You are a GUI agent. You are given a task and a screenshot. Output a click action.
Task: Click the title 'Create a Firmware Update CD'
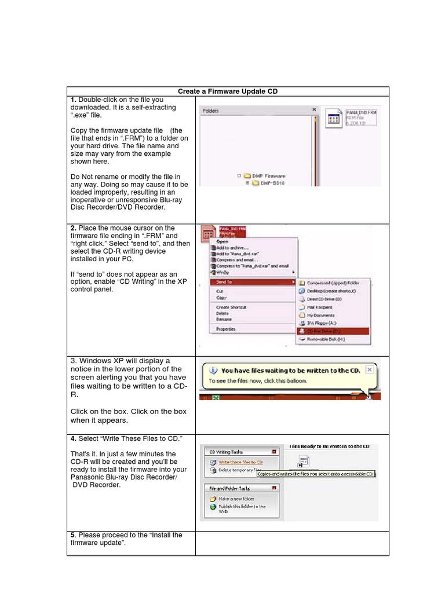click(x=228, y=91)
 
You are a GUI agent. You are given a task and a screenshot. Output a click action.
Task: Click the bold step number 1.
click(x=73, y=100)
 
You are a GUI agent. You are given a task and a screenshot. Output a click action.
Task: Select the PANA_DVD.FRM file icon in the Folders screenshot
click(x=334, y=119)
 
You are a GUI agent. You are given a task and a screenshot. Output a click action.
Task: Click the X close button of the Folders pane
click(x=314, y=109)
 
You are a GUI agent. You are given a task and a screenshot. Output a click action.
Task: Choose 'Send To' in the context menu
click(x=226, y=281)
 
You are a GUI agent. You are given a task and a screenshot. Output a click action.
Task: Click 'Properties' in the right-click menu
click(x=226, y=328)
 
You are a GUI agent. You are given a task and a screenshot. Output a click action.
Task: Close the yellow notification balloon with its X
click(x=370, y=369)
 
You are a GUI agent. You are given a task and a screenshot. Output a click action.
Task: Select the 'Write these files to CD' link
click(x=240, y=462)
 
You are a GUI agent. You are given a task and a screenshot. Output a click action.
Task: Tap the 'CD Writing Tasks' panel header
click(x=227, y=452)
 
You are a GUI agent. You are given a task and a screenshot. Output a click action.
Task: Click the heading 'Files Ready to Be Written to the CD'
click(x=329, y=446)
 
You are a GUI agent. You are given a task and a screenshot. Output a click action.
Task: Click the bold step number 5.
click(x=73, y=535)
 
